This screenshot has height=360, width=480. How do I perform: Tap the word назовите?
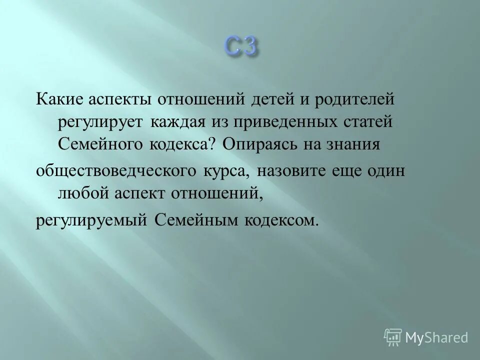[x=295, y=170]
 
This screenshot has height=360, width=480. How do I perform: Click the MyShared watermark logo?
[x=426, y=337]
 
